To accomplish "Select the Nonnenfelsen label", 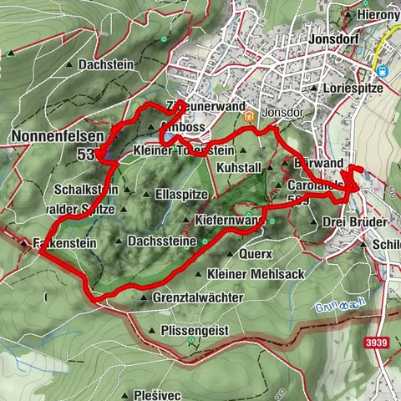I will click(x=46, y=135).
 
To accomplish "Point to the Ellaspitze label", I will click(x=181, y=194).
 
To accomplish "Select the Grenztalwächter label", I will click(x=198, y=297).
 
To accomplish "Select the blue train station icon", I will click(x=383, y=71).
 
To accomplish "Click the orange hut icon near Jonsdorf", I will click(x=248, y=118).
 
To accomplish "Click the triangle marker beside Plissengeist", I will click(x=151, y=331).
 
